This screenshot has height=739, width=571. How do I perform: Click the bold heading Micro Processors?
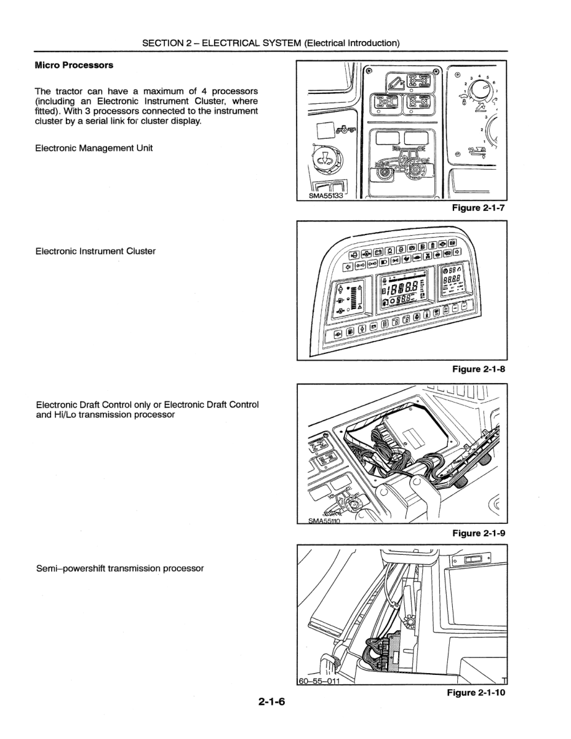(74, 65)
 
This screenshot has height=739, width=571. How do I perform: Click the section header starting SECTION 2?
(271, 43)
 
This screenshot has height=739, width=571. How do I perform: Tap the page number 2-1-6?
(271, 702)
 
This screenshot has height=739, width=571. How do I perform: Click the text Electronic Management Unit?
(94, 148)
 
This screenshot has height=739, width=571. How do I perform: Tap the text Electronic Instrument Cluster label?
(95, 251)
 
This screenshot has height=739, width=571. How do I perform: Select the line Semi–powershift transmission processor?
(119, 568)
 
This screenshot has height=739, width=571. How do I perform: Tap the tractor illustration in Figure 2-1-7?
(401, 163)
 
